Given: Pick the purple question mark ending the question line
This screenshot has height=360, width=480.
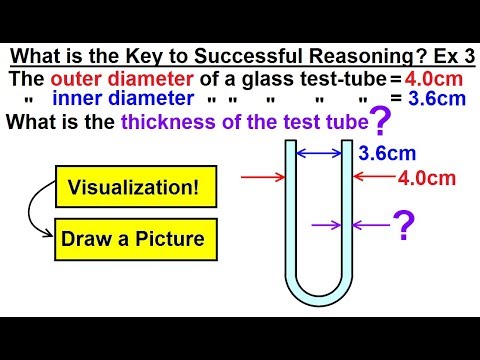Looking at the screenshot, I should (x=380, y=122).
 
